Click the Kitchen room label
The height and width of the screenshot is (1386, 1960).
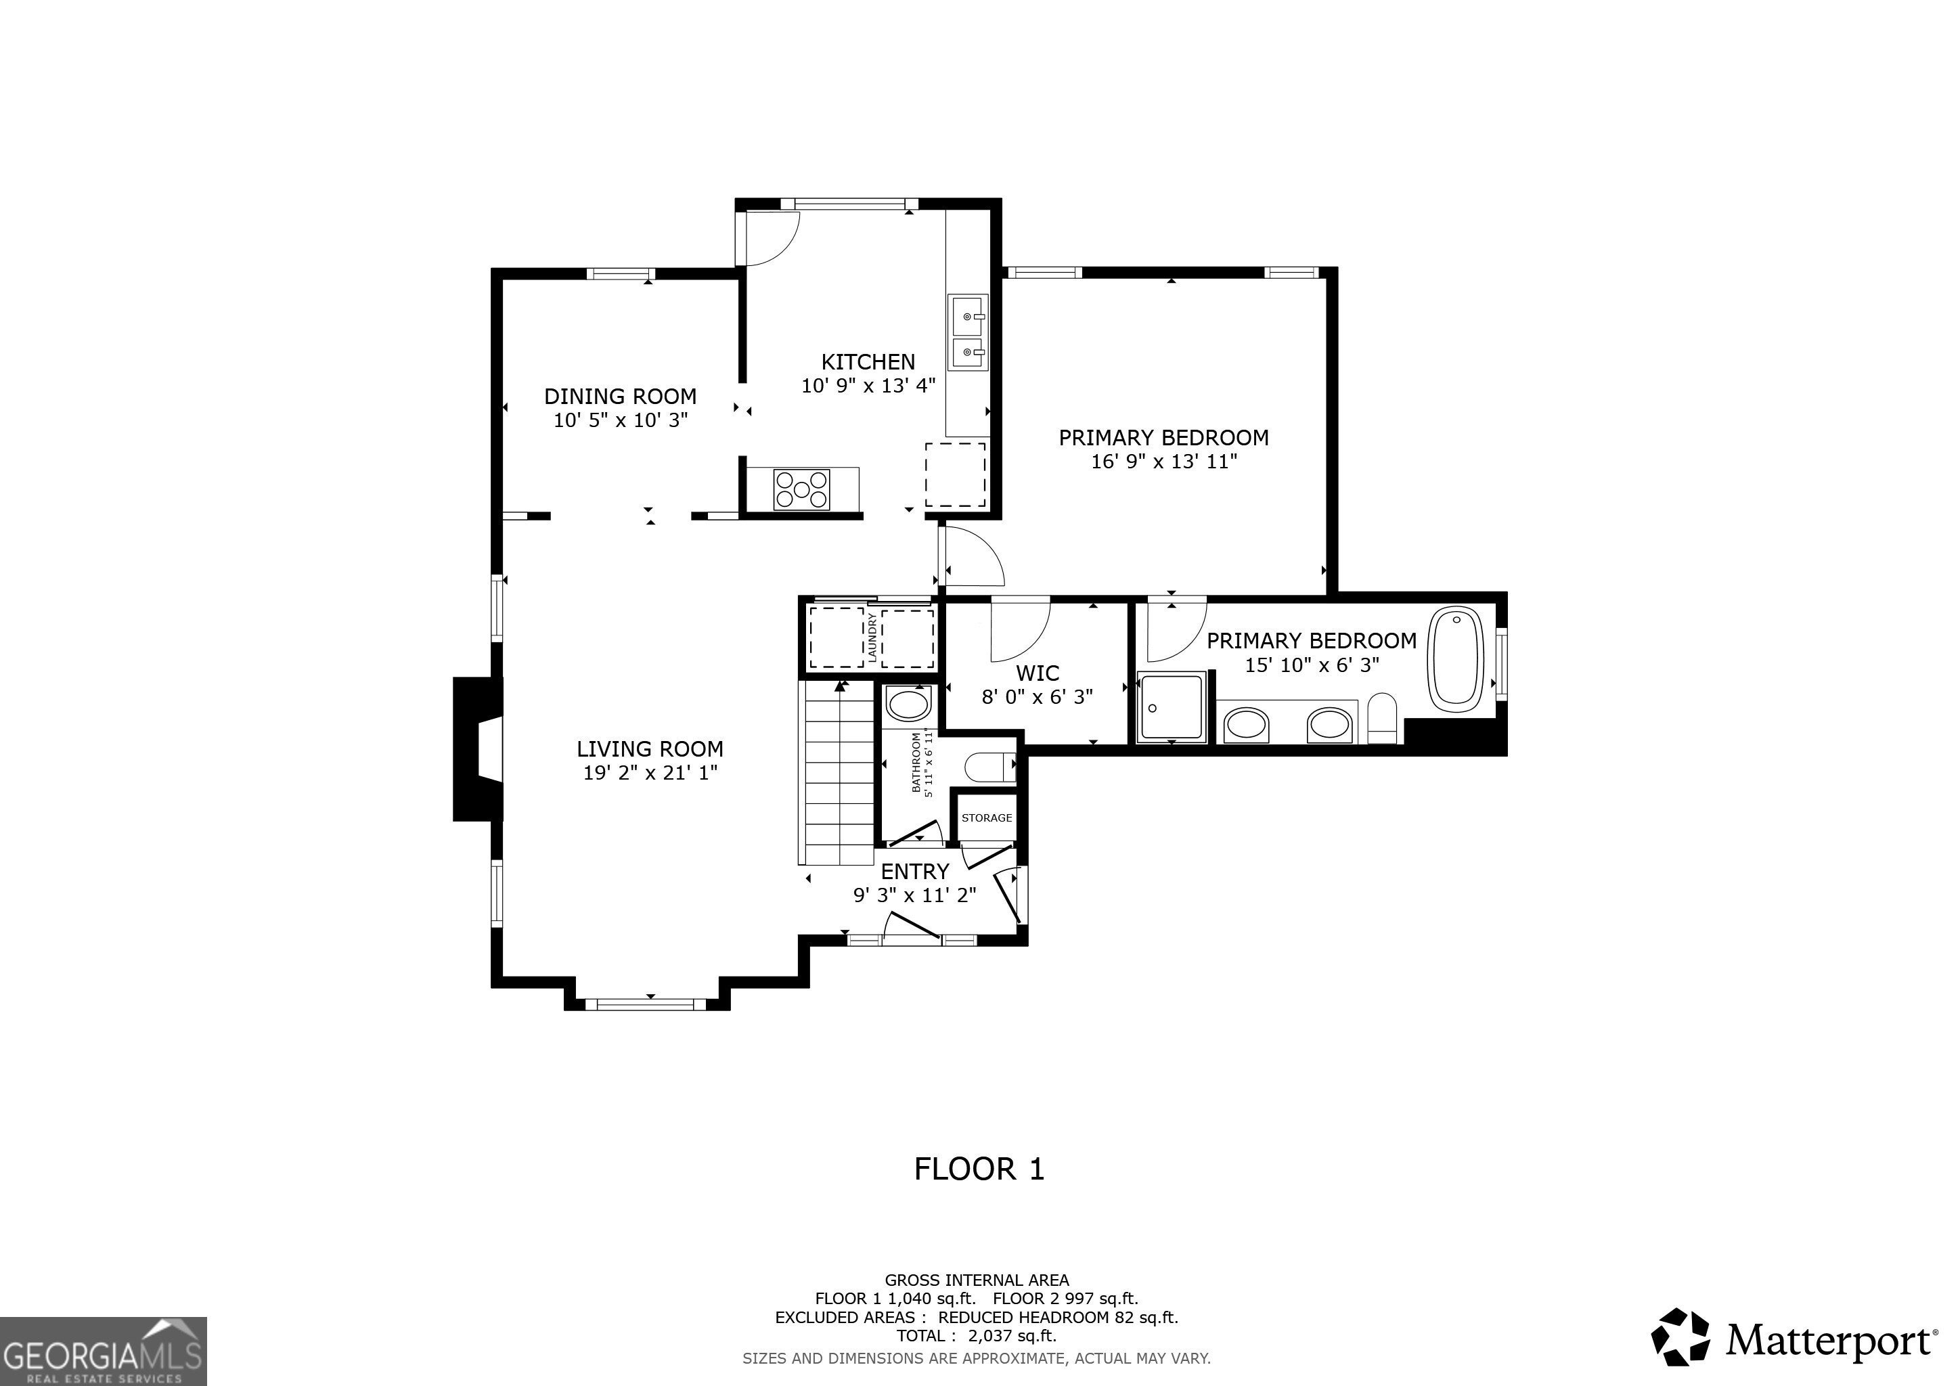tap(868, 362)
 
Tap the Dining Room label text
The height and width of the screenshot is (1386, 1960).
tap(621, 396)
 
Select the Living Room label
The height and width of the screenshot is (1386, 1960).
tap(650, 749)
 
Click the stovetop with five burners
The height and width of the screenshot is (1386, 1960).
tap(801, 490)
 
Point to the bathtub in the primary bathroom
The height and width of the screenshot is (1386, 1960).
tap(1457, 657)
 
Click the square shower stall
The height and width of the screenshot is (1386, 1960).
tap(1172, 707)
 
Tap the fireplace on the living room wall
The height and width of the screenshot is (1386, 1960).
tap(478, 749)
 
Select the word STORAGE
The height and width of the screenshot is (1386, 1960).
tap(987, 818)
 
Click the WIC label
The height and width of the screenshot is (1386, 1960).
tap(1038, 673)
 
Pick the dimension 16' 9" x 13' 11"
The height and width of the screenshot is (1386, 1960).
tap(1164, 462)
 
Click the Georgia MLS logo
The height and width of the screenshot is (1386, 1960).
tap(104, 1351)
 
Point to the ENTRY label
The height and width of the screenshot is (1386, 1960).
tap(915, 872)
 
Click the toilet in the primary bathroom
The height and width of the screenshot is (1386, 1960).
tap(1382, 718)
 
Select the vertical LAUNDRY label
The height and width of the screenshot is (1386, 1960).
tap(872, 637)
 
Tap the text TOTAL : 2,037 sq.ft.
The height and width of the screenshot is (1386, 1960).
tap(977, 1336)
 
